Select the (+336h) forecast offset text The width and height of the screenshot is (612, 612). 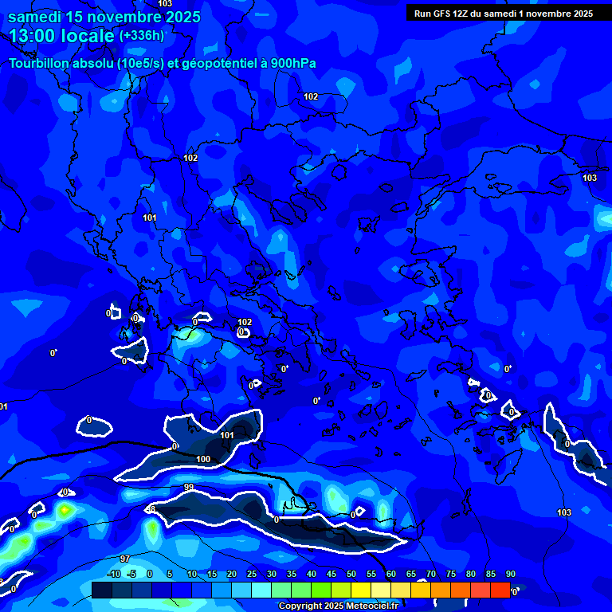pos(142,36)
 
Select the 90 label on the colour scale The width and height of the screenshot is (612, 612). pos(510,574)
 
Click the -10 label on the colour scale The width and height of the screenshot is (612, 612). pos(113,574)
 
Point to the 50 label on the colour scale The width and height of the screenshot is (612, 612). pos(351,574)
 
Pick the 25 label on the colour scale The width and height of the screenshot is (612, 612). pos(252,574)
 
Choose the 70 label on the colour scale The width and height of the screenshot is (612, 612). pos(431,574)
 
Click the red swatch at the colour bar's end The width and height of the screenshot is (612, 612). pos(500,590)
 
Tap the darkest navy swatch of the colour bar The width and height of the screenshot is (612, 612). pos(101,590)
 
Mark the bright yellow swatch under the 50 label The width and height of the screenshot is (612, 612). pos(360,590)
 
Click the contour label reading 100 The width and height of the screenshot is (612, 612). pos(203,460)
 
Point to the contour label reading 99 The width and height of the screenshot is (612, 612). pos(189,487)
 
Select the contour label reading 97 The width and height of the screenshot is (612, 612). pos(125,559)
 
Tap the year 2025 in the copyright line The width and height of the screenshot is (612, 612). pos(323,606)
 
